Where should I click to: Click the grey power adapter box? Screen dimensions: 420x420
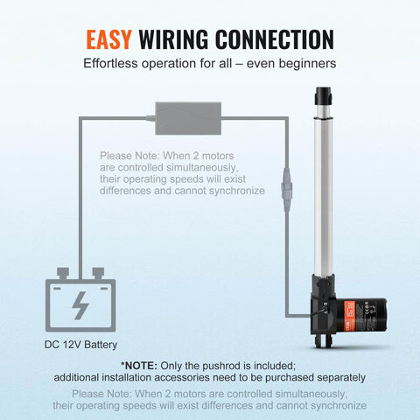click(x=187, y=113)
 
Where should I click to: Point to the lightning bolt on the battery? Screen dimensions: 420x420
click(x=80, y=304)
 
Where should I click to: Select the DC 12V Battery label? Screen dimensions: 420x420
click(x=81, y=345)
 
